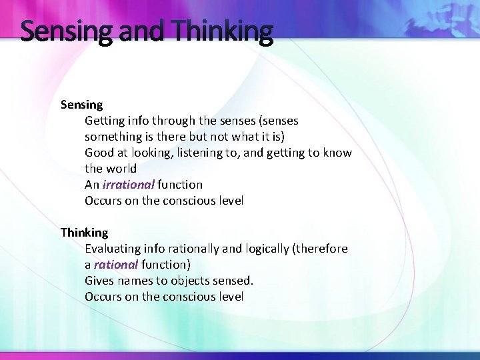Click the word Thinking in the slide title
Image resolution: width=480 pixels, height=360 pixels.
coord(223,31)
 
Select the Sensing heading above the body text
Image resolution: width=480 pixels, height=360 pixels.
coord(81,105)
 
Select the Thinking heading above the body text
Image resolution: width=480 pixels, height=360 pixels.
coord(84,233)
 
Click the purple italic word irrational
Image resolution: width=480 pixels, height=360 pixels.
coord(129,185)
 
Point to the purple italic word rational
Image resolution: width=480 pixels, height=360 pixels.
coord(116,265)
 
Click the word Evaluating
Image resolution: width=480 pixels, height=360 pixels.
coord(113,249)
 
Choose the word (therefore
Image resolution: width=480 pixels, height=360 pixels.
coord(320,249)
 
